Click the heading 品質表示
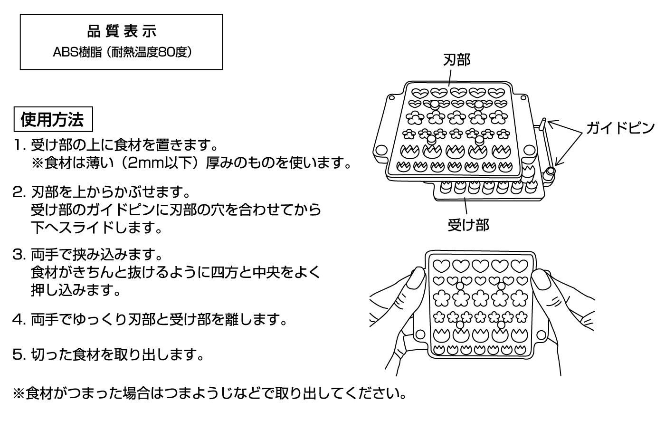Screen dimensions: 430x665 click(122, 32)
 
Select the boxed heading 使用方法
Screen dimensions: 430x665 click(52, 119)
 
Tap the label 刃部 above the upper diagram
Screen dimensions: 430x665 click(456, 60)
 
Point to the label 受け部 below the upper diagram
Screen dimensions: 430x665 click(468, 225)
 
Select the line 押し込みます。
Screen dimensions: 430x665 click(76, 290)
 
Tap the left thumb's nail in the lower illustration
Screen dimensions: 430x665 click(418, 279)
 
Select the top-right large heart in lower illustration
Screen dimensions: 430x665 click(518, 265)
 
